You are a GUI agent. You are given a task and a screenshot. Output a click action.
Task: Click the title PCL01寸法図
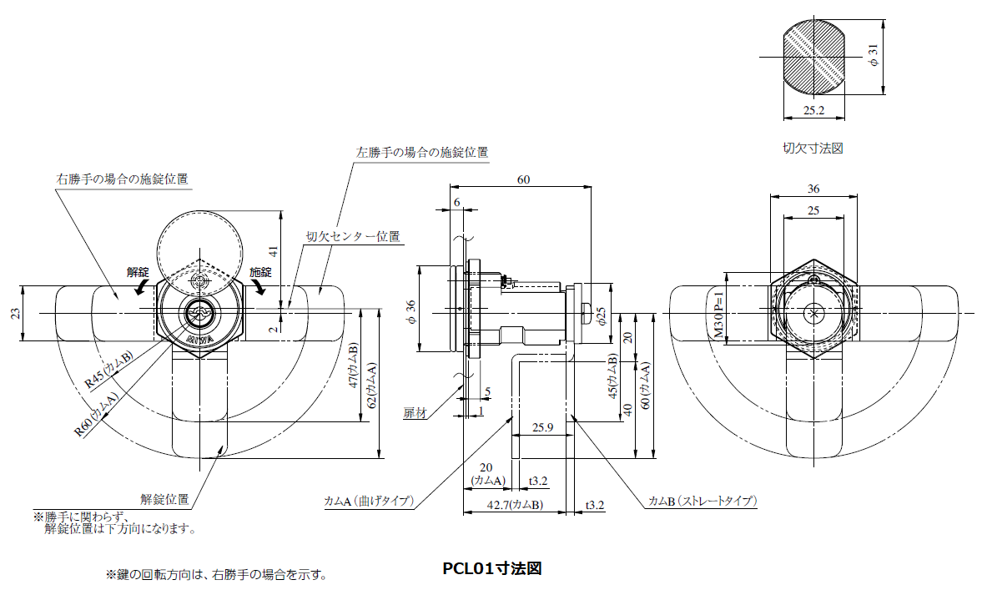point(492,569)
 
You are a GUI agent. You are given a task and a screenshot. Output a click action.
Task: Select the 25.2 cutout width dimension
point(813,110)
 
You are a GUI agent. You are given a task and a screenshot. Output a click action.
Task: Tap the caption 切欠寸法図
point(813,148)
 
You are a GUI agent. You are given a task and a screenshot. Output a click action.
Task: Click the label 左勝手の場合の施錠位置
point(422,153)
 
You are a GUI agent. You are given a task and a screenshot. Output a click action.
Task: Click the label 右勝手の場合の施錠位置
point(122,179)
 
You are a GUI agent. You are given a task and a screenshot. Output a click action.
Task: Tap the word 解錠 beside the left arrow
point(138,272)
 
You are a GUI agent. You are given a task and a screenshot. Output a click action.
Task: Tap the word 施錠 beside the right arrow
point(261,272)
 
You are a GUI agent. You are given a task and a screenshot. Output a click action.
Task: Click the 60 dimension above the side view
point(523,179)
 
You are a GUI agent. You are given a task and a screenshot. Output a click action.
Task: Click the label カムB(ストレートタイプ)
point(702,501)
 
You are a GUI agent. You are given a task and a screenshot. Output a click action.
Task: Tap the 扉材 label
point(415,413)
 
